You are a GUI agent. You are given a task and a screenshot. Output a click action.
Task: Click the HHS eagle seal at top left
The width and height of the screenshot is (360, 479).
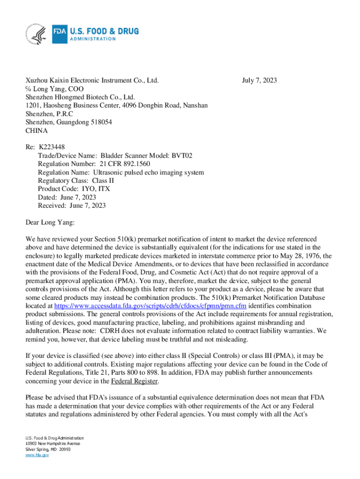(x=36, y=34)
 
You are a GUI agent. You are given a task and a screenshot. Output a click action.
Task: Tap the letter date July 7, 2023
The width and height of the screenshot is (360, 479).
(x=259, y=80)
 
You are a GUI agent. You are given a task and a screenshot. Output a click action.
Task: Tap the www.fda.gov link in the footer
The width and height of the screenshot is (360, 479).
(x=37, y=455)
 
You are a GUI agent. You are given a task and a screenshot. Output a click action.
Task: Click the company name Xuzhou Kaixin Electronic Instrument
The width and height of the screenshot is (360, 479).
(x=92, y=80)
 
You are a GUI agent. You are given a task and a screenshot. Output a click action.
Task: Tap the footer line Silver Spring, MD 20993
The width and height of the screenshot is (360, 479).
(x=48, y=449)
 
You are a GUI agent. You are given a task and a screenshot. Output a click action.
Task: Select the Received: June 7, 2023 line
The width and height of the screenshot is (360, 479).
(x=72, y=206)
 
